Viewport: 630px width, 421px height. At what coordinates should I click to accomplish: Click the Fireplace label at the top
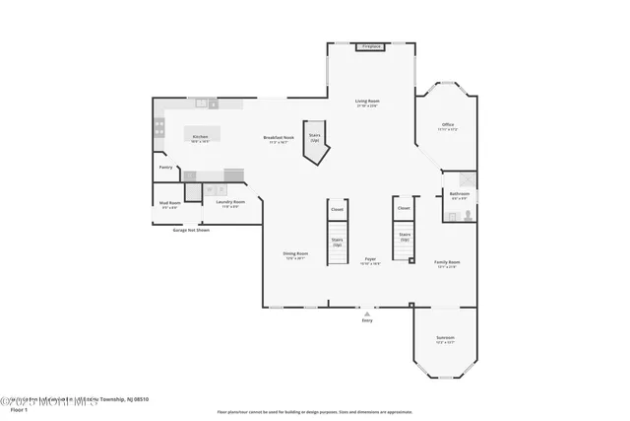[371, 46]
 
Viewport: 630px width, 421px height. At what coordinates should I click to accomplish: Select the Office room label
[447, 126]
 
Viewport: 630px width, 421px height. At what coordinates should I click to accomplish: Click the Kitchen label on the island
[200, 138]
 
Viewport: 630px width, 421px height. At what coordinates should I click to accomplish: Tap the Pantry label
[165, 168]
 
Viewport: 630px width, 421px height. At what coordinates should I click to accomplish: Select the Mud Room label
[169, 204]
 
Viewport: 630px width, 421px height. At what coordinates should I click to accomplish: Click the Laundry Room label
[230, 203]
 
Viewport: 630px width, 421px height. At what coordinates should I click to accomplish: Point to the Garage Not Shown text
[191, 230]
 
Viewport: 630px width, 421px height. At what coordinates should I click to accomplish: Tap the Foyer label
[370, 261]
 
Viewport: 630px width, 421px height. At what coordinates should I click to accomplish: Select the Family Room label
[448, 263]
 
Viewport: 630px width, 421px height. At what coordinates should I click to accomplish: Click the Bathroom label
[459, 195]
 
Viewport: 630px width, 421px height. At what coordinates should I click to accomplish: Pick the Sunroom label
[446, 340]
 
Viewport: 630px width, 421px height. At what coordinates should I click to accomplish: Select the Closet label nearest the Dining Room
[337, 209]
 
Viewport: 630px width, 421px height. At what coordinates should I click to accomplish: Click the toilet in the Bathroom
[468, 213]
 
